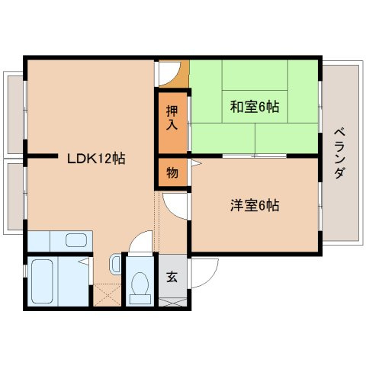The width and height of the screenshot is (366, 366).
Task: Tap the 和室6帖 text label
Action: point(255,107)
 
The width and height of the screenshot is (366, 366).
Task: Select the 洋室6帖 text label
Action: point(255,205)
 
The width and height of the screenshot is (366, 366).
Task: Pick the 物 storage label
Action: point(172,172)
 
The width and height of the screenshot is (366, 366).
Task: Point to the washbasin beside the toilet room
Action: point(114,265)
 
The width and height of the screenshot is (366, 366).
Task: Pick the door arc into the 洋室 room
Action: point(174,204)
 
